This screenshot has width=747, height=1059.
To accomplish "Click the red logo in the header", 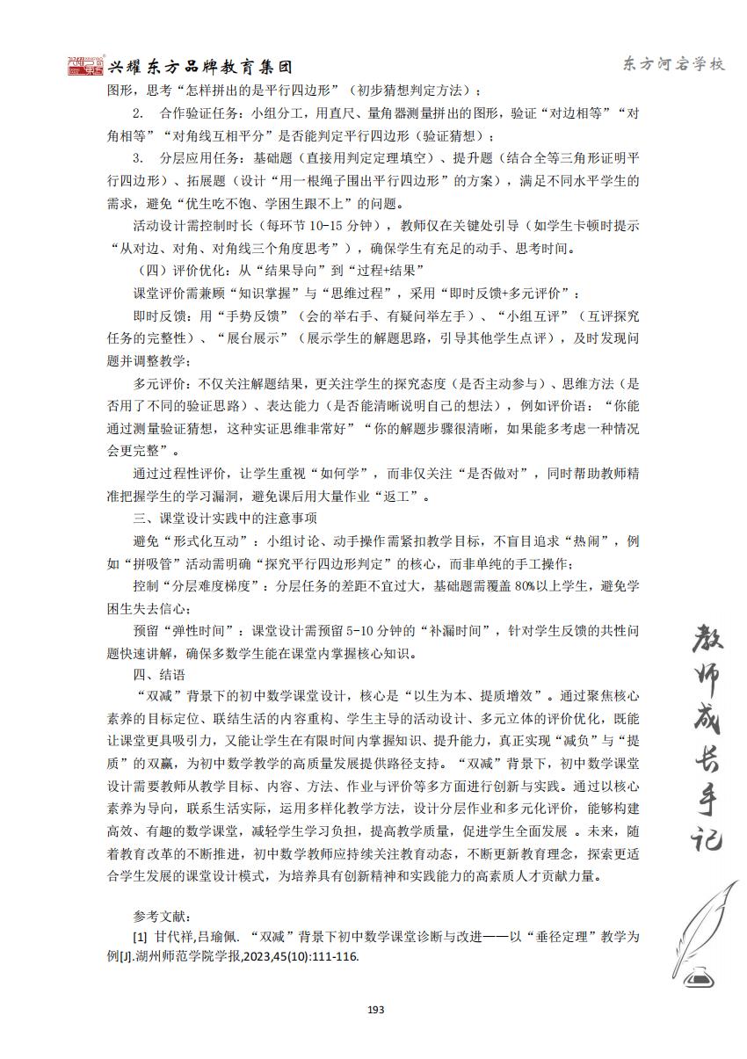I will [86, 67].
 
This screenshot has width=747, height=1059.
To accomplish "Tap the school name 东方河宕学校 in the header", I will [673, 65].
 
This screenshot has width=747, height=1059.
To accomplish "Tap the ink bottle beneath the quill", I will [702, 976].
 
